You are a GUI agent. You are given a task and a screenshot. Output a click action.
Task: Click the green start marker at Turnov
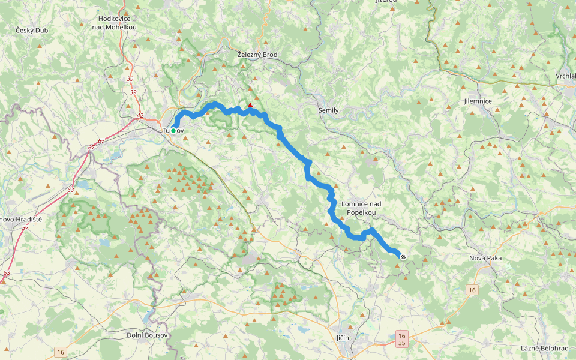[173, 130]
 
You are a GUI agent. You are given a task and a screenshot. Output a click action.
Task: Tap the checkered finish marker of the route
[403, 256]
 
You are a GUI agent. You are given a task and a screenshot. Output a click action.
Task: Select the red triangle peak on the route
[250, 105]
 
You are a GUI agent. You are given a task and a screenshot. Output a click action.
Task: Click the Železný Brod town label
[257, 55]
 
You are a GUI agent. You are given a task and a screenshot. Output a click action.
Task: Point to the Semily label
[328, 110]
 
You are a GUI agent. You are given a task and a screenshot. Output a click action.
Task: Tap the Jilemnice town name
[478, 101]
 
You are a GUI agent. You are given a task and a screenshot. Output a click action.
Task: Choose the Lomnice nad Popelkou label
[361, 208]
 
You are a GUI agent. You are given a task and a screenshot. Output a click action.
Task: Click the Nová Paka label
[485, 258]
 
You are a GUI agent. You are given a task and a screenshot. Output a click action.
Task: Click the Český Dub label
[32, 30]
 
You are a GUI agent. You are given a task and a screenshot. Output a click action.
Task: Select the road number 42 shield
[140, 116]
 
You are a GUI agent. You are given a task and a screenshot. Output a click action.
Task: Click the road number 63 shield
[71, 190]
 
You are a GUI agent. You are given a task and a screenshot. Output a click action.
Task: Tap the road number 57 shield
[25, 228]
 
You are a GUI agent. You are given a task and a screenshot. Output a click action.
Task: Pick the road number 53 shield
[6, 273]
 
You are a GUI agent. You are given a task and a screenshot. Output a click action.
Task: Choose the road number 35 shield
[402, 344]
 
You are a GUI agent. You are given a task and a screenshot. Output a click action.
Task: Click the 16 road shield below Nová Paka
[472, 290]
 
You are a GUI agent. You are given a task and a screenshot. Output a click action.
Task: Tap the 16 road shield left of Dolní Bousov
[60, 351]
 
